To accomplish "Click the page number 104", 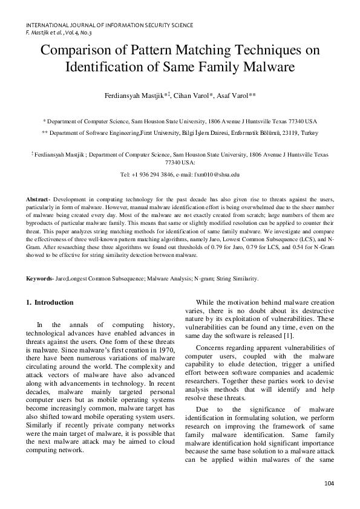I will point(329,483).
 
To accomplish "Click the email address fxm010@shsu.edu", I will point(212,174).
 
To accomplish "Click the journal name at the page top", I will point(110,25).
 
